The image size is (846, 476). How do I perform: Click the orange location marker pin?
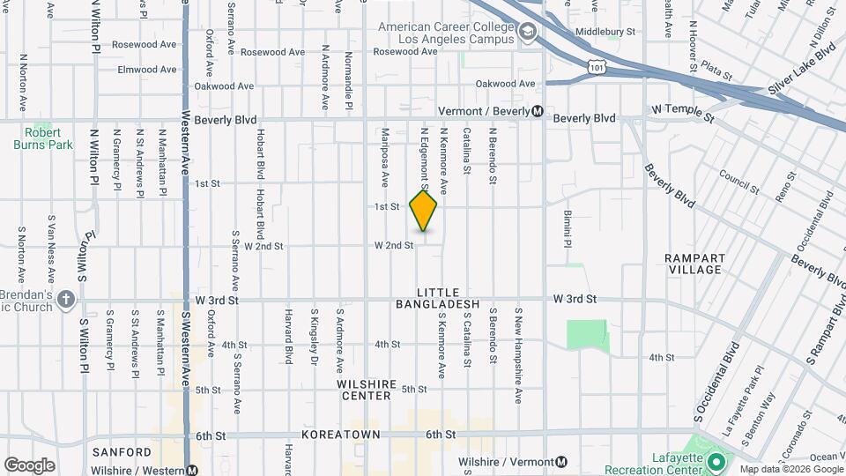[424, 211]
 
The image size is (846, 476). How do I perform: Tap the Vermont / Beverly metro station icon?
[538, 111]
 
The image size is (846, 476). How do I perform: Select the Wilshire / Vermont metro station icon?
[562, 462]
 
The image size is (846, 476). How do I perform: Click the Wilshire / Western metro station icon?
[192, 471]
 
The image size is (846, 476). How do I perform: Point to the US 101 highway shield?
[598, 67]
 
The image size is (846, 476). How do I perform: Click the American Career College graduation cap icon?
[527, 33]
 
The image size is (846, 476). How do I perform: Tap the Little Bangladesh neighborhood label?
[449, 298]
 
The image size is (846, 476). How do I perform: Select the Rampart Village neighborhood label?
[696, 264]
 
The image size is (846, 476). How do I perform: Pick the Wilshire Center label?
[363, 390]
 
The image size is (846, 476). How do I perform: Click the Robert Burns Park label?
[42, 138]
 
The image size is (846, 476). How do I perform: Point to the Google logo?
[29, 465]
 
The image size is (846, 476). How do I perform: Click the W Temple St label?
[682, 110]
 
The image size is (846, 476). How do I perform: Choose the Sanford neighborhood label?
[122, 452]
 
